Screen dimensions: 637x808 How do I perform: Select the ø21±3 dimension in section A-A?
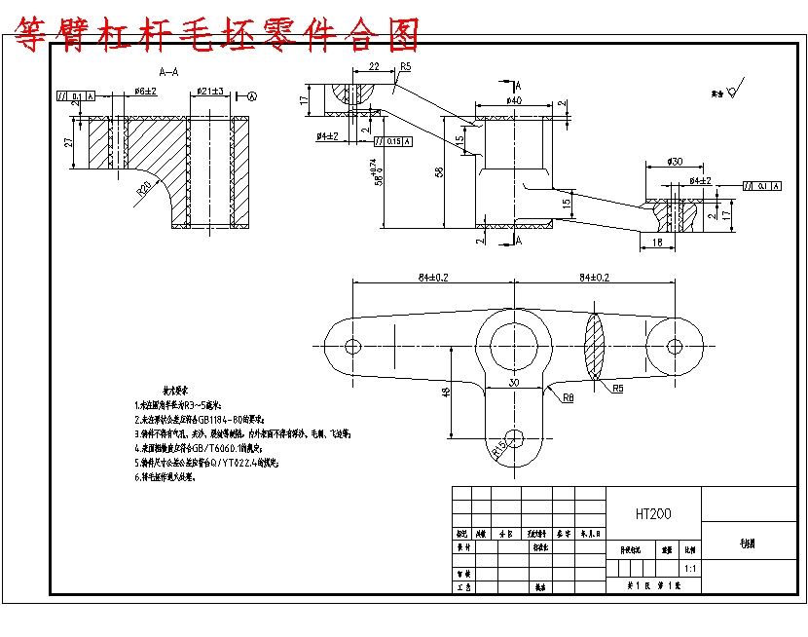210,91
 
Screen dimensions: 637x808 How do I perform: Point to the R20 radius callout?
143,187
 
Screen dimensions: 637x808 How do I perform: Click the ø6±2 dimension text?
145,91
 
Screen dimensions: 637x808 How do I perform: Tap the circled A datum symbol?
251,96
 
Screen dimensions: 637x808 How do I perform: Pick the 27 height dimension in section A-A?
68,142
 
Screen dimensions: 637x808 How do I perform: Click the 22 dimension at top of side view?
374,67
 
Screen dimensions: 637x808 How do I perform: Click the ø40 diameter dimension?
513,100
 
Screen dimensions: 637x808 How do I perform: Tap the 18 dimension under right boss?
657,241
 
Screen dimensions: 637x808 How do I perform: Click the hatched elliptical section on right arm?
595,345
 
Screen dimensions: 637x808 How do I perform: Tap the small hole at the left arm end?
352,346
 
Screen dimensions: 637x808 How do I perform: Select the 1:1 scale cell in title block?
690,567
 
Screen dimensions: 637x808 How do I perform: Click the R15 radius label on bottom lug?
500,450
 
